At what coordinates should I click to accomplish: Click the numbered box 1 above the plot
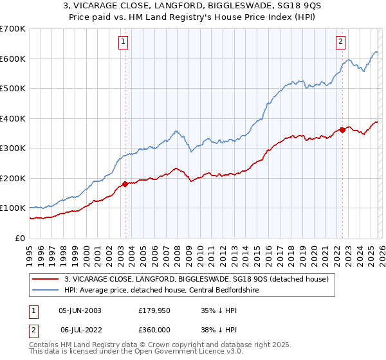[x=123, y=42]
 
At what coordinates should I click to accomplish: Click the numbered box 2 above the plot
[x=340, y=42]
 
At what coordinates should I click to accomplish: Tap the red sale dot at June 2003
[x=125, y=184]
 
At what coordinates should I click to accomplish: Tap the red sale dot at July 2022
[x=342, y=130]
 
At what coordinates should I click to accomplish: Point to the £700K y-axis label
[x=12, y=29]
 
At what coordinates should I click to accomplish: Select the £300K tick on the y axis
[x=12, y=148]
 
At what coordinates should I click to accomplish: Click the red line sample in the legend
[x=46, y=279]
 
